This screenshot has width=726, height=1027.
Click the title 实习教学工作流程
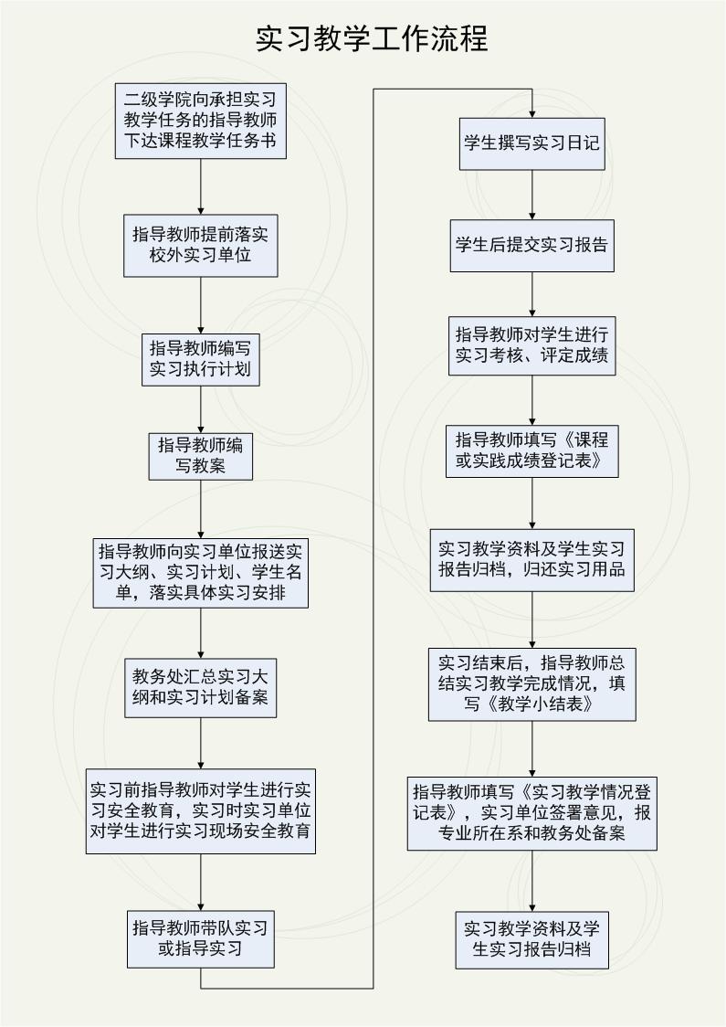(371, 38)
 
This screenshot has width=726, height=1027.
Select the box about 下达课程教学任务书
(200, 121)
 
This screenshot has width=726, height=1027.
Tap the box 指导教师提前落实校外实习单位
(200, 245)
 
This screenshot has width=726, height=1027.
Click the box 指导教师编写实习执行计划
(200, 359)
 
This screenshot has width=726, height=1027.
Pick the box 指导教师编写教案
(200, 456)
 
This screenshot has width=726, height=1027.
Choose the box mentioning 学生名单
(200, 573)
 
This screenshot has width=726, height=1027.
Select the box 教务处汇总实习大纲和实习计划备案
(200, 688)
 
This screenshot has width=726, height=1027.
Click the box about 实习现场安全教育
(200, 810)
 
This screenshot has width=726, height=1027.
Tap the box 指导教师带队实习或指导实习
(200, 938)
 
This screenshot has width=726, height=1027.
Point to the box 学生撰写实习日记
(531, 143)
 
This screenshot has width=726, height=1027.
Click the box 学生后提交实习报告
(531, 246)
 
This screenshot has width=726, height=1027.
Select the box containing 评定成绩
(531, 345)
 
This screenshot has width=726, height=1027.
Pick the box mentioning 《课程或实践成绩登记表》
(531, 450)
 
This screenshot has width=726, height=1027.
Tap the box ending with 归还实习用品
(531, 560)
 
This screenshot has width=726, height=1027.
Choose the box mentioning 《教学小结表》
(531, 684)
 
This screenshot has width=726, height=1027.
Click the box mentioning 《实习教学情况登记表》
(531, 813)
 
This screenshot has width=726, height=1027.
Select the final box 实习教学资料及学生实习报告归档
(531, 940)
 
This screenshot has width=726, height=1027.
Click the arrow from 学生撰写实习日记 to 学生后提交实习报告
(531, 195)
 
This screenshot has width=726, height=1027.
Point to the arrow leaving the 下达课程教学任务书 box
(200, 186)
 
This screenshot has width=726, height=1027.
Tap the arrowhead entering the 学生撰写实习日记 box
(531, 113)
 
